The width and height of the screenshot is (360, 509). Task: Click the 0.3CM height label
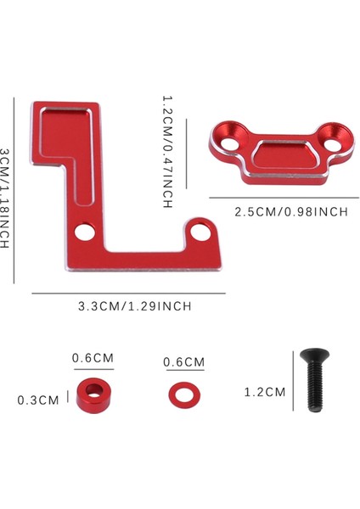38,400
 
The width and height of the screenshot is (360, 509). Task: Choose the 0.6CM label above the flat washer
184,362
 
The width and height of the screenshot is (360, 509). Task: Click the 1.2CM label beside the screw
264,391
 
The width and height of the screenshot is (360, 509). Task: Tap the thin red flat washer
180,392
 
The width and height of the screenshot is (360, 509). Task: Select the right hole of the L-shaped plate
202,228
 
